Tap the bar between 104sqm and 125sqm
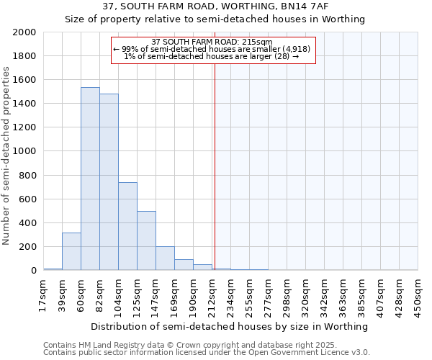[127, 226]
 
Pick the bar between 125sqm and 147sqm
[146, 240]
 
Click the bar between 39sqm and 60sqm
[71, 251]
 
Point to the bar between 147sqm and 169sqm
[165, 258]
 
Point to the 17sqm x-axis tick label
[43, 294]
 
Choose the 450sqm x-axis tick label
[418, 294]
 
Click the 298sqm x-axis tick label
[287, 294]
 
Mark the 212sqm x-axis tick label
[212, 294]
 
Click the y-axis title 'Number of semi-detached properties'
[7, 155]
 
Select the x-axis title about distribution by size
[230, 326]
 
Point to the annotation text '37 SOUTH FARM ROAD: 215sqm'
[213, 42]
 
